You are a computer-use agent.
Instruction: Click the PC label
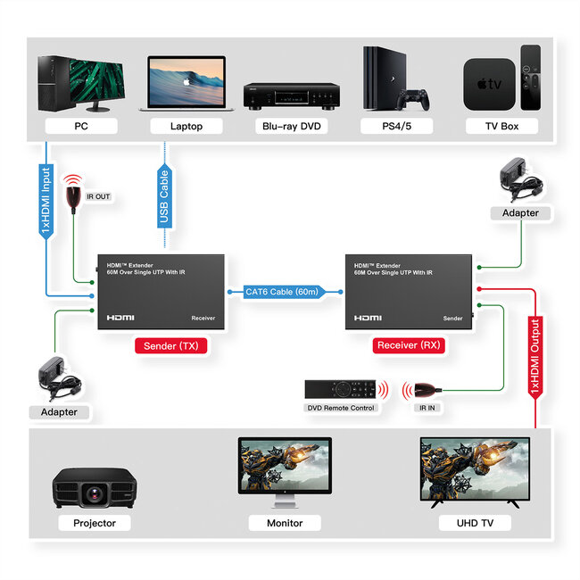[x=80, y=126]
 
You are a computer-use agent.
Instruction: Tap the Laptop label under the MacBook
[x=186, y=126]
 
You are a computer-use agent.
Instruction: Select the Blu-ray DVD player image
[x=291, y=95]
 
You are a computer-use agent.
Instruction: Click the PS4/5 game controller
[x=413, y=97]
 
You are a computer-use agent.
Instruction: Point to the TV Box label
[x=501, y=126]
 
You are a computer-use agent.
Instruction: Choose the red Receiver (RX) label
[x=410, y=345]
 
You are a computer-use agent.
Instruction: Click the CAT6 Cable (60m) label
[x=283, y=292]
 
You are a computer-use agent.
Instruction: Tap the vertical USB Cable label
[x=164, y=197]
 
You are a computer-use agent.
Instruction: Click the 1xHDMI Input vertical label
[x=46, y=201]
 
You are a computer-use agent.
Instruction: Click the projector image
[x=94, y=486]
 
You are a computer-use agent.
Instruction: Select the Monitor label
[x=285, y=523]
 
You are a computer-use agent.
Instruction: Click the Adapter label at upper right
[x=520, y=212]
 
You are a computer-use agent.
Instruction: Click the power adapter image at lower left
[x=59, y=380]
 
